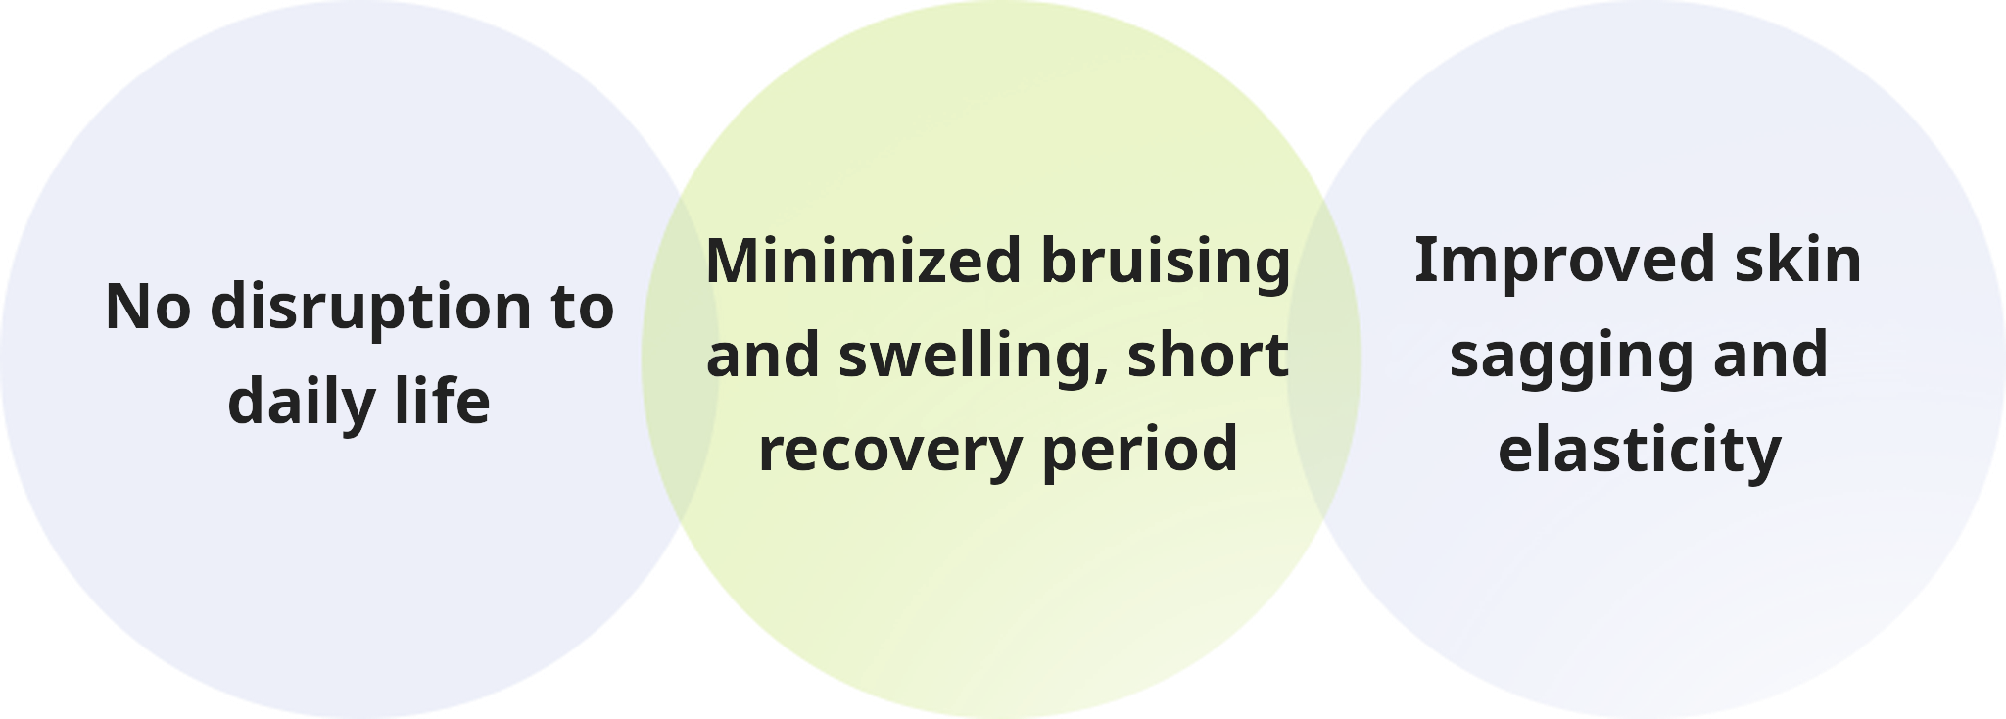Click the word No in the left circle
point(148,307)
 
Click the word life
point(442,400)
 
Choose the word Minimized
point(864,262)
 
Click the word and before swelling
point(762,354)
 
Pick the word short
point(1208,354)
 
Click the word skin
point(1798,260)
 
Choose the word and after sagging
point(1770,354)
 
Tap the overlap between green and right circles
point(1324,359)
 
